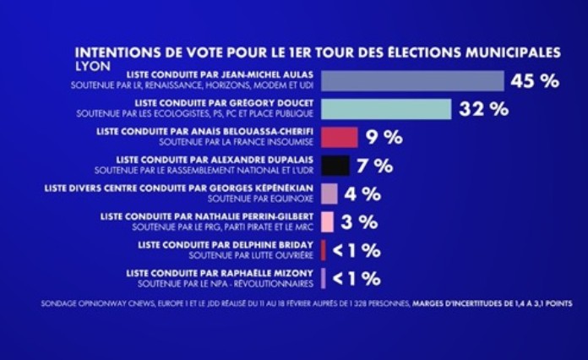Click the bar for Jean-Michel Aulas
[x=412, y=81]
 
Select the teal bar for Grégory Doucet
[x=385, y=109]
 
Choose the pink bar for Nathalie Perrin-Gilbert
[x=327, y=222]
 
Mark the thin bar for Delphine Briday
[x=324, y=250]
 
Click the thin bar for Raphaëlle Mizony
[x=324, y=278]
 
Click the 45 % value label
[x=535, y=81]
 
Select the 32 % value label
[x=484, y=109]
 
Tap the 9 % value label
[x=384, y=138]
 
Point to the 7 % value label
[x=375, y=166]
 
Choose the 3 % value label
[x=359, y=222]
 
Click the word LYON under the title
[x=92, y=64]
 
